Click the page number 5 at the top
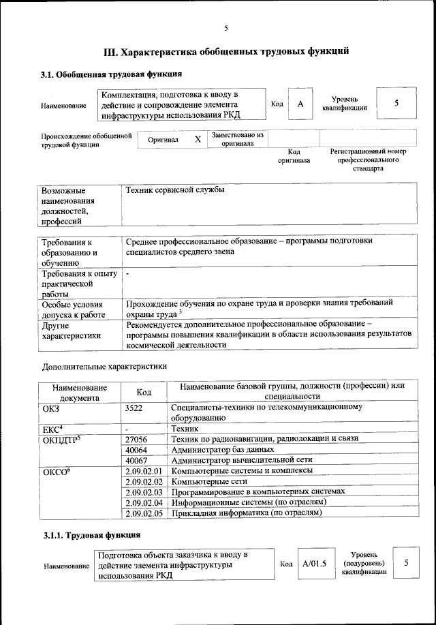tap(226, 28)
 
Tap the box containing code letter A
tap(300, 104)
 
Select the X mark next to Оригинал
tap(198, 139)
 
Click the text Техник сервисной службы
tap(175, 190)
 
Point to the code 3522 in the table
tap(136, 407)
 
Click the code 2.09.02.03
tap(143, 491)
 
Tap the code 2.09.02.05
tap(143, 513)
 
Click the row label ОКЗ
tap(52, 407)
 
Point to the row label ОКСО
tap(57, 471)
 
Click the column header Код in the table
tap(143, 392)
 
